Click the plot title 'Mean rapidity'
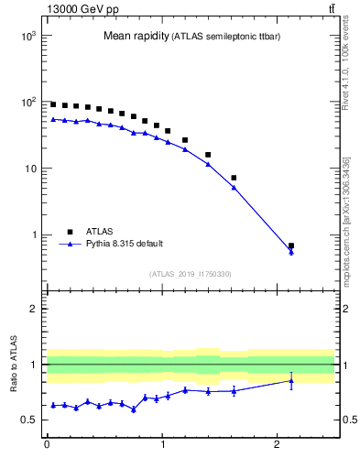click(136, 36)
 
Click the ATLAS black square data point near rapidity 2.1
click(291, 245)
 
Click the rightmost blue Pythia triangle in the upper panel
click(291, 252)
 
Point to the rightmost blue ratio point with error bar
click(291, 381)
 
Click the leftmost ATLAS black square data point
click(53, 104)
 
